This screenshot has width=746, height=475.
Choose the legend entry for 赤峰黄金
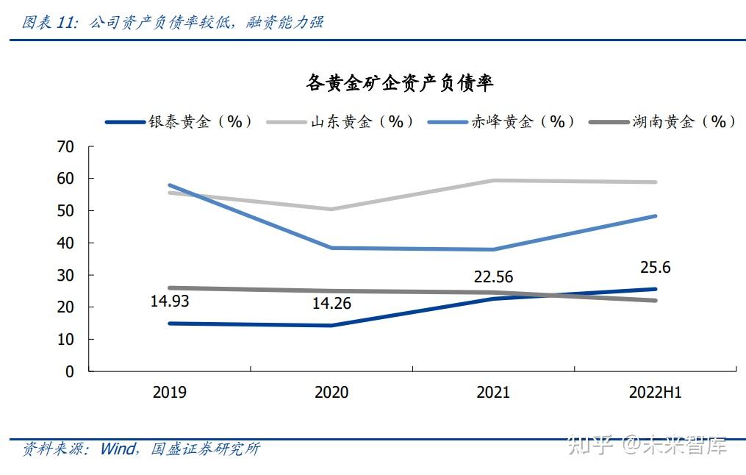[x=523, y=122]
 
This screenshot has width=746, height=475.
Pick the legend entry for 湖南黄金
[x=684, y=122]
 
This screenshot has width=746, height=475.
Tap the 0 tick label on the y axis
[x=70, y=371]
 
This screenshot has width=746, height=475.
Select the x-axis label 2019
[x=169, y=393]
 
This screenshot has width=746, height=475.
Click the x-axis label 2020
[x=331, y=393]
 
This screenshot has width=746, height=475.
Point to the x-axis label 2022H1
[x=655, y=393]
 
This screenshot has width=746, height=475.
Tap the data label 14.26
[x=331, y=303]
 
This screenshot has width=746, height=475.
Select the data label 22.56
[x=493, y=277]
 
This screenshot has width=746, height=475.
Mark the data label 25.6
[x=655, y=268]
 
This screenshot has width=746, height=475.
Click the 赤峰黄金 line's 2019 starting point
[x=170, y=185]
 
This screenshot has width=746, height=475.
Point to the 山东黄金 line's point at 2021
[x=493, y=180]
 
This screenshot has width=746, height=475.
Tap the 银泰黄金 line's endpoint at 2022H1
[x=655, y=289]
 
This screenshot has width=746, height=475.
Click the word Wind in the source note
[x=118, y=449]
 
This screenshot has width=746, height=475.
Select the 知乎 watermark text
[x=592, y=445]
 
